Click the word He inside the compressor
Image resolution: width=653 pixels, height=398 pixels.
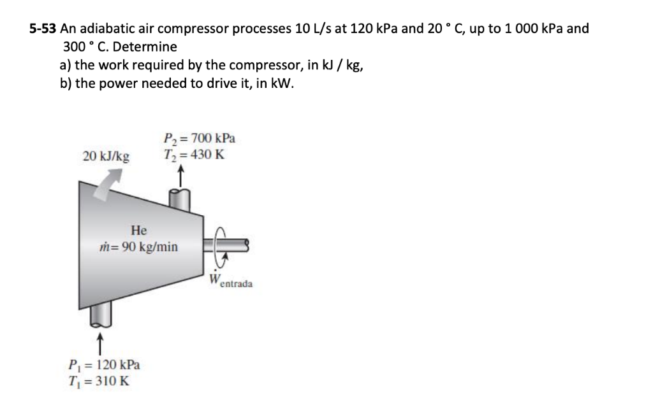click(x=138, y=230)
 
